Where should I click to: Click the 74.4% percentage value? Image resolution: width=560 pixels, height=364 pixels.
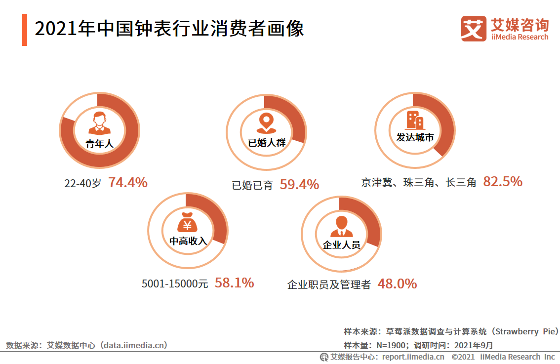click(128, 183)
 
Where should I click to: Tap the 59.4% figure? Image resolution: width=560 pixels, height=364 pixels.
click(299, 185)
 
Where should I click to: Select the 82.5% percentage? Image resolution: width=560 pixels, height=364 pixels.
click(503, 182)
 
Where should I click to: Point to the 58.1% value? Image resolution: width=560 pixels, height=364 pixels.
click(234, 283)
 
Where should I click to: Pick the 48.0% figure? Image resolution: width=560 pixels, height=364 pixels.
click(397, 284)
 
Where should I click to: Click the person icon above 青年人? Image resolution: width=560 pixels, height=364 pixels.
click(100, 123)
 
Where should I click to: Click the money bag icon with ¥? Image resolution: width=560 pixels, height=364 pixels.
click(187, 224)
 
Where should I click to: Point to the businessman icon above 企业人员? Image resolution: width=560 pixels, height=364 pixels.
click(341, 227)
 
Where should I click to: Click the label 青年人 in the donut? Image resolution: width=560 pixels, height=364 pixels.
click(100, 144)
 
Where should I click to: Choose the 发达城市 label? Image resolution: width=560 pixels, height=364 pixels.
click(415, 138)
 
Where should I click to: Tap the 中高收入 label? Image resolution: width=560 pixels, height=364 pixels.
click(188, 241)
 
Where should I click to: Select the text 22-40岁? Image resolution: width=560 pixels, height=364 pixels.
click(82, 183)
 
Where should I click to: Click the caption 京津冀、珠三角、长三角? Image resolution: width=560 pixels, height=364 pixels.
click(418, 183)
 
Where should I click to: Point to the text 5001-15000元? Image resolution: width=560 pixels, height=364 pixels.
click(175, 284)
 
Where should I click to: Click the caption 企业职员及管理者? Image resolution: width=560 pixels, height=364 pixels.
click(329, 285)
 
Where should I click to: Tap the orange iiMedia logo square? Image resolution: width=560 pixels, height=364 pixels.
click(474, 28)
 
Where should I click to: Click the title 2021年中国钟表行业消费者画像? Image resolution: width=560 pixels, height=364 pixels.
click(169, 29)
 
